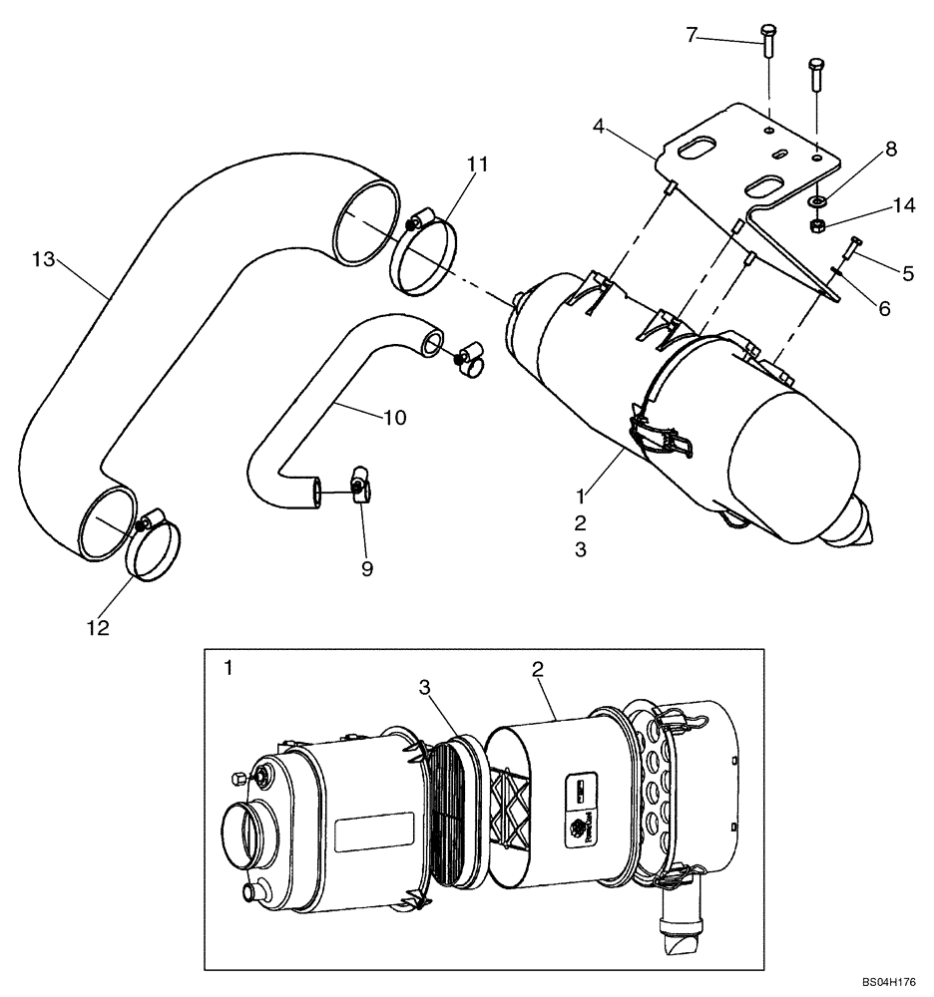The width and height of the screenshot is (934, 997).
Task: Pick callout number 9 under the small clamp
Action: [x=366, y=568]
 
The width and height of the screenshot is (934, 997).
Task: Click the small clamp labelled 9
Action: [x=359, y=488]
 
